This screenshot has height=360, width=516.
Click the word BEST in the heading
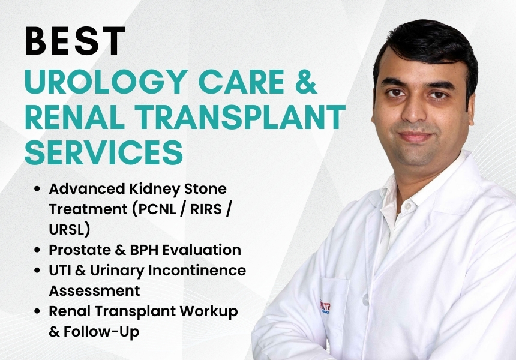tap(75, 41)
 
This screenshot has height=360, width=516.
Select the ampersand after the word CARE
tap(306, 82)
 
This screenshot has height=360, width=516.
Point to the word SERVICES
tap(104, 152)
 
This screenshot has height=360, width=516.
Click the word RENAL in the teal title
tap(75, 117)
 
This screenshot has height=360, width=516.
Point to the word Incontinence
tap(197, 271)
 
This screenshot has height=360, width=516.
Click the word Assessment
tap(94, 291)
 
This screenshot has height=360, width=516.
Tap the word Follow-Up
tap(101, 332)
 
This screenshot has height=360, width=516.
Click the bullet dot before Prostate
tap(37, 250)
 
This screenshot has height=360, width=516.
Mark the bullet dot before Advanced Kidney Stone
tap(37, 189)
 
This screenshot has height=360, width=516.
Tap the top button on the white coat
tap(408, 206)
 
